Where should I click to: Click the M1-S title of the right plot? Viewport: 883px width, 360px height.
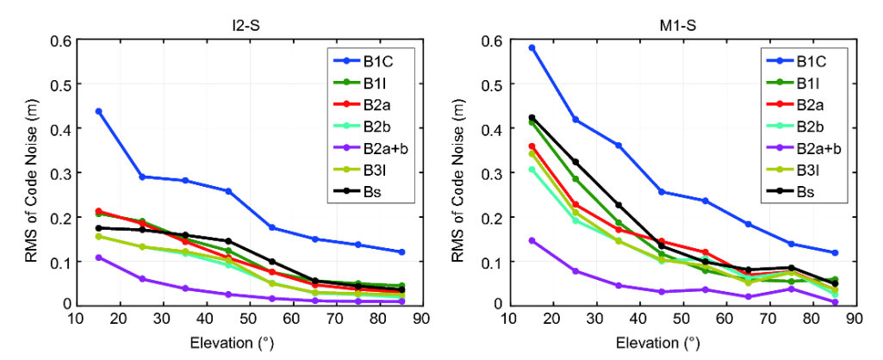coord(681,25)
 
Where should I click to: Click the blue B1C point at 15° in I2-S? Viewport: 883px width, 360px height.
coord(99,111)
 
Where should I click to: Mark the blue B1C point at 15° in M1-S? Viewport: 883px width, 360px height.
coord(532,48)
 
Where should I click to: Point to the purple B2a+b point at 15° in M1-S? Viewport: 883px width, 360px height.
coord(532,240)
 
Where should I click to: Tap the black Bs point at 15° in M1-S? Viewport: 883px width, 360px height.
coord(532,118)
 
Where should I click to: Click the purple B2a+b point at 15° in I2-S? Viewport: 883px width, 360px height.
coord(99,258)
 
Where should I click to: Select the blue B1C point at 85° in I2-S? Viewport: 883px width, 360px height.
coord(401,251)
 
